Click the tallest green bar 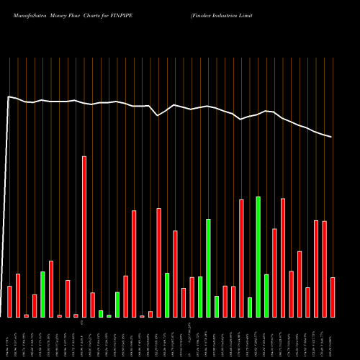point(258,256)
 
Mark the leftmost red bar point(9,302)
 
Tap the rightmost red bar point(333,297)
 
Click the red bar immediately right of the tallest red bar point(92,305)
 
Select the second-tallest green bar point(208,268)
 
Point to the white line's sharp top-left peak point(9,96)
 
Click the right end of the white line point(332,137)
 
